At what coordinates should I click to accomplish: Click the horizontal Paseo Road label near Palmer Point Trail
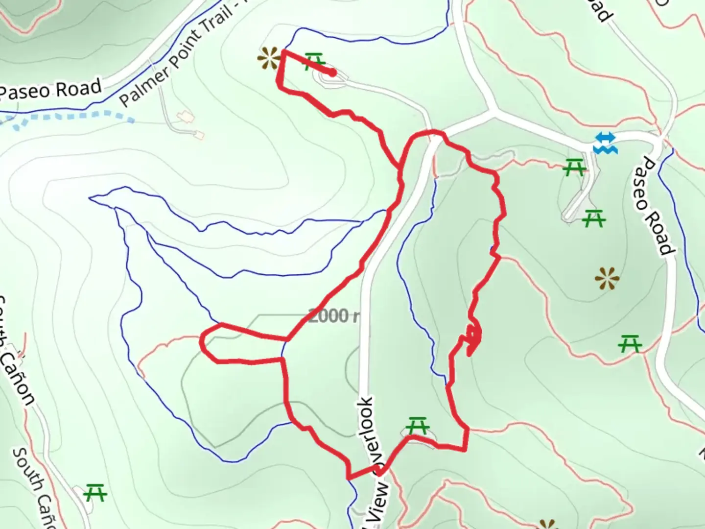[50, 90]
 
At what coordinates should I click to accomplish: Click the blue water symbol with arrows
[605, 143]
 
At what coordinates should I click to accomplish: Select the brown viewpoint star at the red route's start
[269, 58]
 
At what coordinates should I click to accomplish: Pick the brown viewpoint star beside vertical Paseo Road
[607, 279]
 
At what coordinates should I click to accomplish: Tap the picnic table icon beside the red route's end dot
[314, 62]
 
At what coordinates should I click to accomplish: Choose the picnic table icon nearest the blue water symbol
[574, 168]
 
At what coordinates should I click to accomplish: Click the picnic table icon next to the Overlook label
[418, 426]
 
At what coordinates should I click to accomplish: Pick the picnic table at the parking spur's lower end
[594, 218]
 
